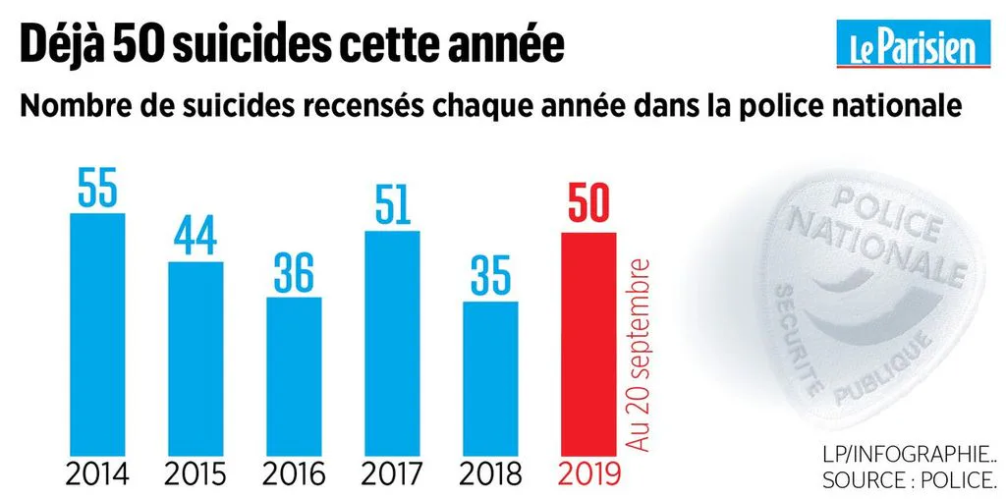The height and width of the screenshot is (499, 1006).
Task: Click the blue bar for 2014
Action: coord(97,334)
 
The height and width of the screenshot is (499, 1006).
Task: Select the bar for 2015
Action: coord(196,359)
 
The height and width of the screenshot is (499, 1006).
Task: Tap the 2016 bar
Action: coord(294,376)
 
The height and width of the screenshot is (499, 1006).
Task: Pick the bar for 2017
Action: coord(392,343)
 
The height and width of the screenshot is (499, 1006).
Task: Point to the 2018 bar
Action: coord(491,378)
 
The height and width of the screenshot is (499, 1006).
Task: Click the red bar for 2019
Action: coord(589,345)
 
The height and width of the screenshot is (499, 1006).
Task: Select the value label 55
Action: coord(97,187)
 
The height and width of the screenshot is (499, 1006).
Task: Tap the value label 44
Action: coord(196,236)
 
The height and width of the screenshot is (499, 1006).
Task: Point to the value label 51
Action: coord(392,204)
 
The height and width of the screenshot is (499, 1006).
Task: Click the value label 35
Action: coord(491,276)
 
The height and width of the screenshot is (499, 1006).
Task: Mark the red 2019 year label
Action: coord(589,474)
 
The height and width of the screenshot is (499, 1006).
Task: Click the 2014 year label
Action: coord(97,474)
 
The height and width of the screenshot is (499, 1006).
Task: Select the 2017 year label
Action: coord(392,474)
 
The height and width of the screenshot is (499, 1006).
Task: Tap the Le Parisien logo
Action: coord(914,43)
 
